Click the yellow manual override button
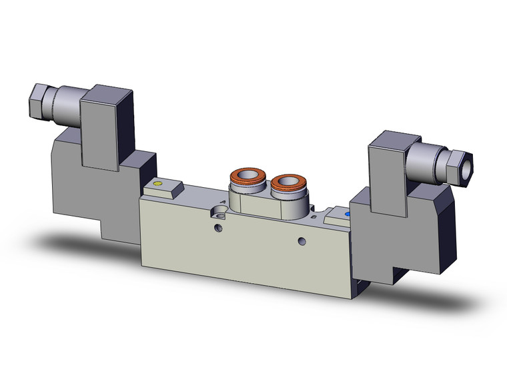pos(157,183)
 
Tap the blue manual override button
pos(346,214)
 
